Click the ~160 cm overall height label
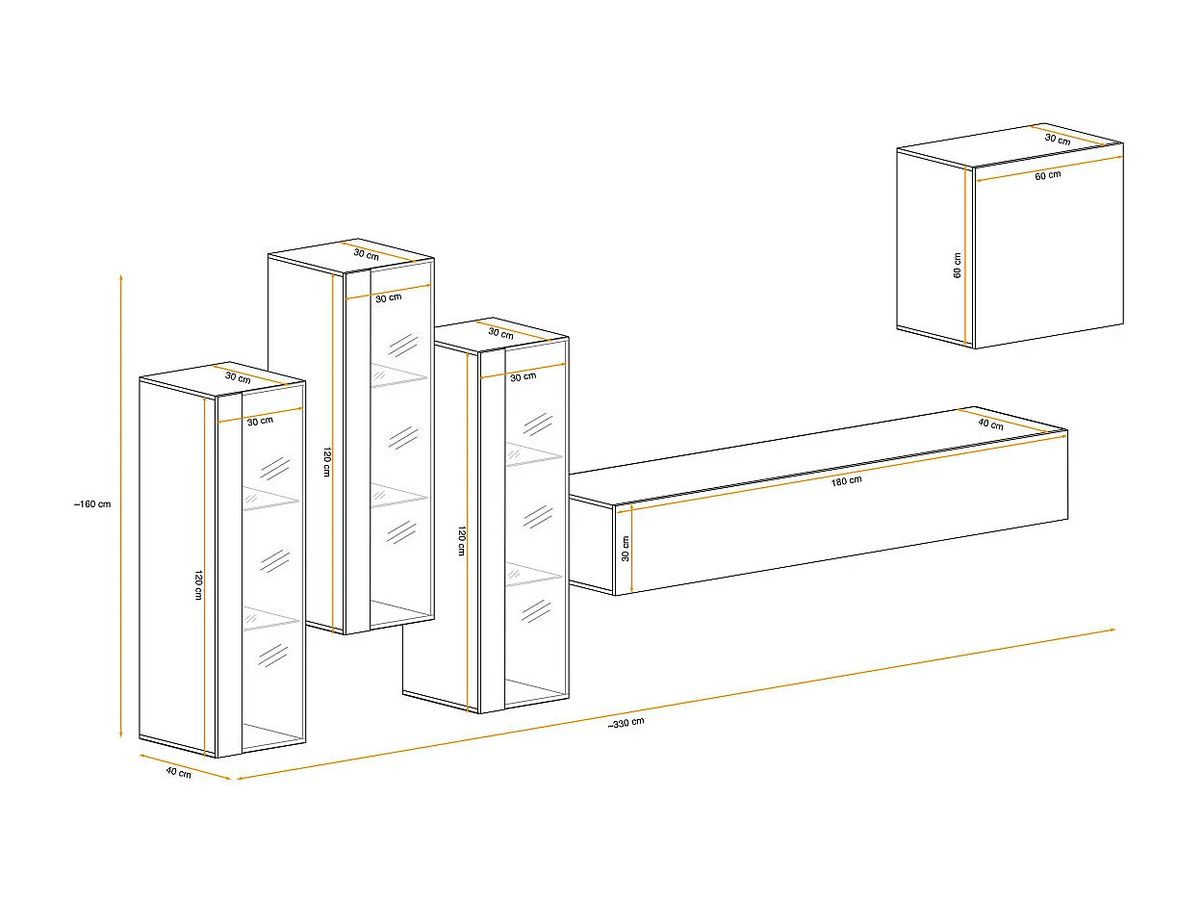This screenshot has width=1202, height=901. tap(92, 504)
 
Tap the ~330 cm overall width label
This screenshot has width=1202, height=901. tap(626, 723)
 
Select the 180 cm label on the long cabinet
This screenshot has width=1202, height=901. tap(847, 481)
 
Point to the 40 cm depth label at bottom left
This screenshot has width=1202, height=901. tap(178, 773)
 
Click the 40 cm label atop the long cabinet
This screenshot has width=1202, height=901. tap(990, 425)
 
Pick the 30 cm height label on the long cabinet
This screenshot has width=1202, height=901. tap(625, 549)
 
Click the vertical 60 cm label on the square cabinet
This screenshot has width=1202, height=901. tap(958, 265)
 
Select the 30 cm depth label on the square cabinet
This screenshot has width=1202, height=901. tap(1057, 140)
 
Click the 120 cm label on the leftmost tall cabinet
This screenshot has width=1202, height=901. tap(197, 584)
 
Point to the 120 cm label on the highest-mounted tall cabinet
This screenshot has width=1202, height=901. tap(327, 462)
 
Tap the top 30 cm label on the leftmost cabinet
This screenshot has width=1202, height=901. tap(238, 377)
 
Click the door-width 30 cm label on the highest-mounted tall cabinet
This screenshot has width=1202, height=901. tap(388, 297)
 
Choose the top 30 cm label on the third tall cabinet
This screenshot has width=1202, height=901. tap(500, 333)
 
